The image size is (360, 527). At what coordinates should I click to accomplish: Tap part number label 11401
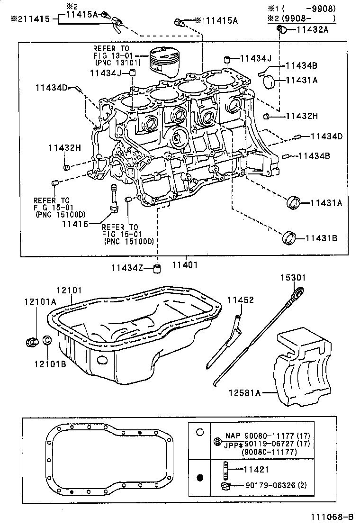pos(184,265)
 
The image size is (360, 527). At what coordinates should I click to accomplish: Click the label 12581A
pos(244,392)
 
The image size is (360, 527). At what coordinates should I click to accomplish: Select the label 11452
pos(240,300)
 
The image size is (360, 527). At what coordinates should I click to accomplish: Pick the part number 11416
pos(74,223)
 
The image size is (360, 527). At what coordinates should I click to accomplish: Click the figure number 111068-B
pos(332,517)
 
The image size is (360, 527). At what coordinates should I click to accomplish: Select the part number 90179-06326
pos(268,485)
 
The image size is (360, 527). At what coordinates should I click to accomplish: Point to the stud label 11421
pos(255,470)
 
